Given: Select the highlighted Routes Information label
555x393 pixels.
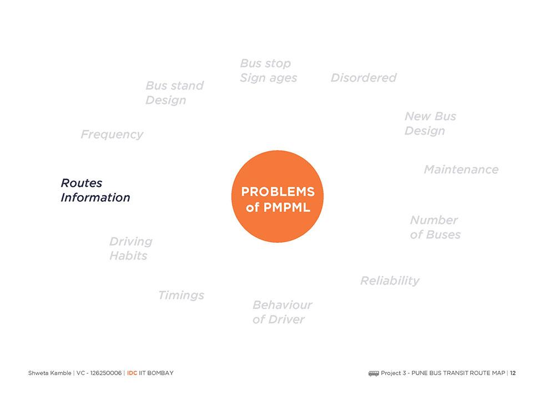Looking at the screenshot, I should pyautogui.click(x=95, y=190).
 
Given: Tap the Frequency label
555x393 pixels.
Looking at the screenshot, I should pyautogui.click(x=112, y=135).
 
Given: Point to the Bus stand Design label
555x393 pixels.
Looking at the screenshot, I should pyautogui.click(x=174, y=93).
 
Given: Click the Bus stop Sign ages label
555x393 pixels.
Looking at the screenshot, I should pyautogui.click(x=268, y=71).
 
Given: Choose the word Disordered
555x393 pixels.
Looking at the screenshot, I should pyautogui.click(x=364, y=78).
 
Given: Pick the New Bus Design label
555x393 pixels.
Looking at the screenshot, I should pyautogui.click(x=430, y=123).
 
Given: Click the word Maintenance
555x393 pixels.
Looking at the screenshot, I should pyautogui.click(x=461, y=170).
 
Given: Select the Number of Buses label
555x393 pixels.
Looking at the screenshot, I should pyautogui.click(x=435, y=227).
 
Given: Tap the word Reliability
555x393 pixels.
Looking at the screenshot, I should pyautogui.click(x=390, y=281).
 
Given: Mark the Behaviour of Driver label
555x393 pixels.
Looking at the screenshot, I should pyautogui.click(x=282, y=312).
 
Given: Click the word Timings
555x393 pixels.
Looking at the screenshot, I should pyautogui.click(x=181, y=295).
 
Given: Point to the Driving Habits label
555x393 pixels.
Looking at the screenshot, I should pyautogui.click(x=130, y=248).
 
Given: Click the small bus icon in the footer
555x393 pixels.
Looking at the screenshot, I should pyautogui.click(x=374, y=373).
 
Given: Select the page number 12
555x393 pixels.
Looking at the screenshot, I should pyautogui.click(x=513, y=373).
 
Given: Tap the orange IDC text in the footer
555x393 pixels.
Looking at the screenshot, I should pyautogui.click(x=132, y=373).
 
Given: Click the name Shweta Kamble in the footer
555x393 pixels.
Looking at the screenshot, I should pyautogui.click(x=49, y=373).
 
